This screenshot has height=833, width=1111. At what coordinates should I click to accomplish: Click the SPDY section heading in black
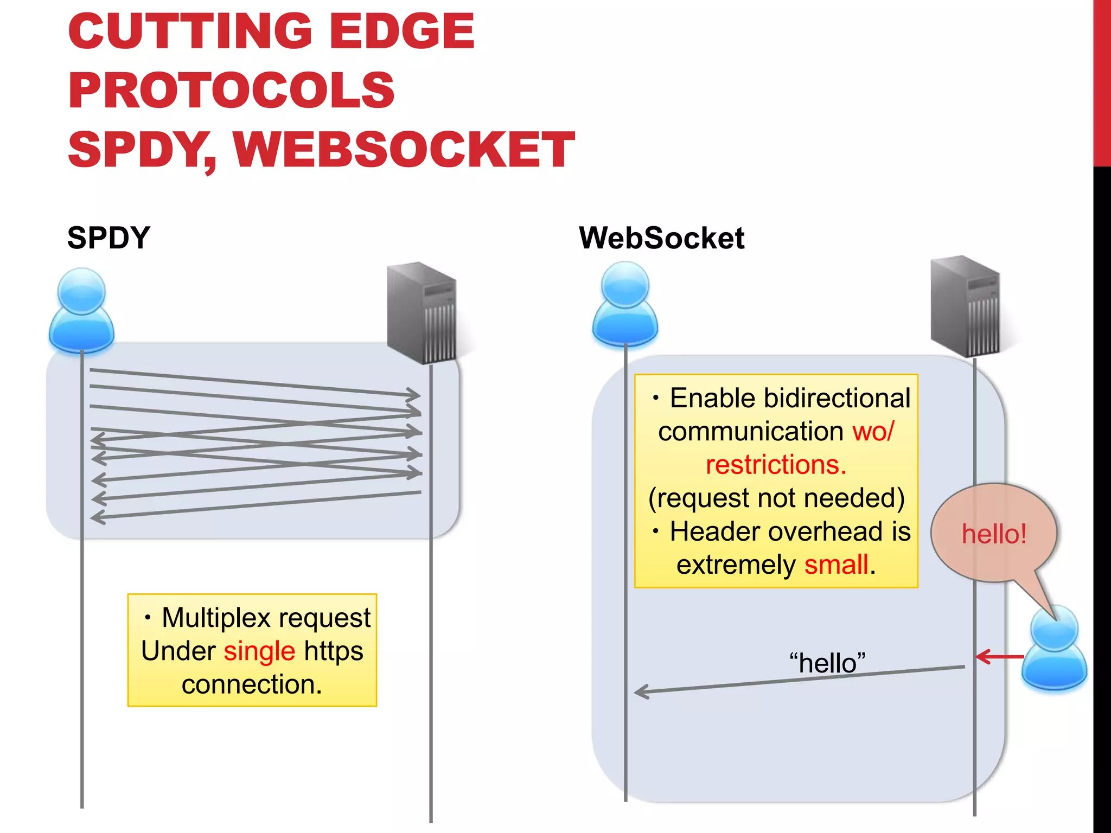pyautogui.click(x=108, y=238)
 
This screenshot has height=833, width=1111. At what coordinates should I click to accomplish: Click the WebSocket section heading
pyautogui.click(x=661, y=238)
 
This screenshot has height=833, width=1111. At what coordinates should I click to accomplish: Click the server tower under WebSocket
pyautogui.click(x=966, y=306)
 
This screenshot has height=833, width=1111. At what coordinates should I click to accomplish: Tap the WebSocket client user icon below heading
pyautogui.click(x=625, y=305)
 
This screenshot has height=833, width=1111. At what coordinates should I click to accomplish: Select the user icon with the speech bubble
pyautogui.click(x=1054, y=648)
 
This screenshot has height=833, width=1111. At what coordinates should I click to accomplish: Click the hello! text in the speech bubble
pyautogui.click(x=994, y=534)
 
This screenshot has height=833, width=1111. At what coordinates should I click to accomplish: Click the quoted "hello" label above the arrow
pyautogui.click(x=827, y=663)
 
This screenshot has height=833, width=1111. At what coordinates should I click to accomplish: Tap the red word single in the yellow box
pyautogui.click(x=259, y=651)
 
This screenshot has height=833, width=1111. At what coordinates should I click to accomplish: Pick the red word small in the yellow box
pyautogui.click(x=836, y=565)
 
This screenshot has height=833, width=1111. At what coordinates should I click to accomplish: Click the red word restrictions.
pyautogui.click(x=776, y=465)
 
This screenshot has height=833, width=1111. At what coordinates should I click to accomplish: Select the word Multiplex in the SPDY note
pyautogui.click(x=216, y=618)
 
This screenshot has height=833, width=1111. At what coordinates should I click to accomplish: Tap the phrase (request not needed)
pyautogui.click(x=776, y=498)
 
